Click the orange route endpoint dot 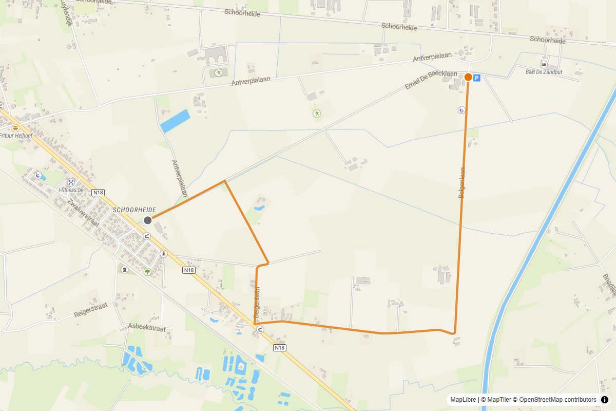pos(468,77)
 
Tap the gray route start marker pos(148,220)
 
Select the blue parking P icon pos(477,78)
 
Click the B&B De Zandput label pos(544,72)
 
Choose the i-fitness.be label pos(71,190)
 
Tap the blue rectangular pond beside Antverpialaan pos(175,121)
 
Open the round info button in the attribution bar pos(604,400)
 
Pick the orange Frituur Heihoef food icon pos(15,127)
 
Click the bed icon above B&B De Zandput pos(544,65)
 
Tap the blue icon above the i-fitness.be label pos(71,182)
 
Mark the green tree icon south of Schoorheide pos(148,271)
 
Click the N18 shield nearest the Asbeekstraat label pos(189,270)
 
